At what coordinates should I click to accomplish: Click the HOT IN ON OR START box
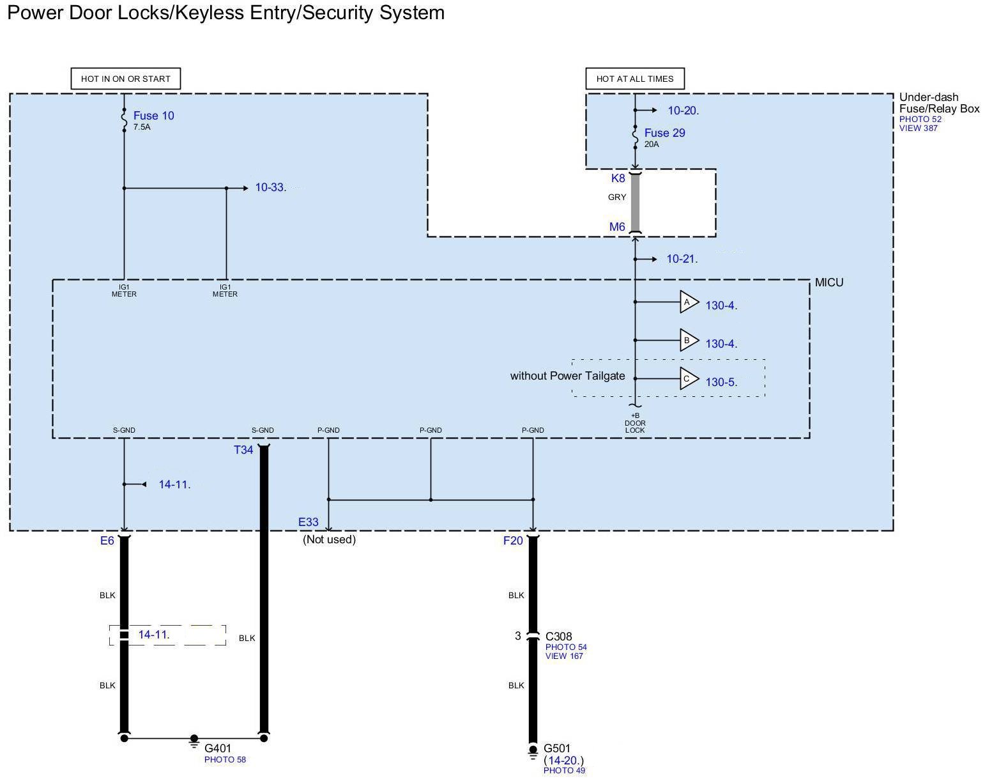pos(125,79)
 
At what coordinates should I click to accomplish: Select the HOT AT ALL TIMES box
pos(634,79)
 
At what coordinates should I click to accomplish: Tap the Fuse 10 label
pos(153,116)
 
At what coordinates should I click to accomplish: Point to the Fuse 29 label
pos(664,133)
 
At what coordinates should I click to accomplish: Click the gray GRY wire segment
pos(635,203)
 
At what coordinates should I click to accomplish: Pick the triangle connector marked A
pos(688,302)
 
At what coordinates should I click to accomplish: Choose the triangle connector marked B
pos(688,341)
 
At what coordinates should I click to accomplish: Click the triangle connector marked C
pos(688,379)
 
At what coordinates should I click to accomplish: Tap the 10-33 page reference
pos(270,188)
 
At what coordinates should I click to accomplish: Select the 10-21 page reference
pos(682,259)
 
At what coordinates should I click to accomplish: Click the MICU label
pos(828,282)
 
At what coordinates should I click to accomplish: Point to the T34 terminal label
pos(243,450)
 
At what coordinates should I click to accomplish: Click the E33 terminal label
pos(309,522)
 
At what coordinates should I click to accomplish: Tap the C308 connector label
pos(558,637)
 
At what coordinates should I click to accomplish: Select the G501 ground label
pos(557,748)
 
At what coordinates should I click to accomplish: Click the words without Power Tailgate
pos(567,376)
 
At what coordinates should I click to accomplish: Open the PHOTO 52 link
pos(920,120)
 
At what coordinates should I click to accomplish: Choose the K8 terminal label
pos(618,178)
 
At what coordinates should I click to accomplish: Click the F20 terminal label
pos(513,541)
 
